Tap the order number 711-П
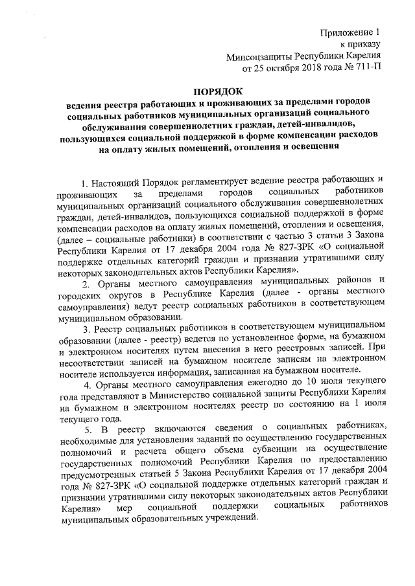(364, 67)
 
